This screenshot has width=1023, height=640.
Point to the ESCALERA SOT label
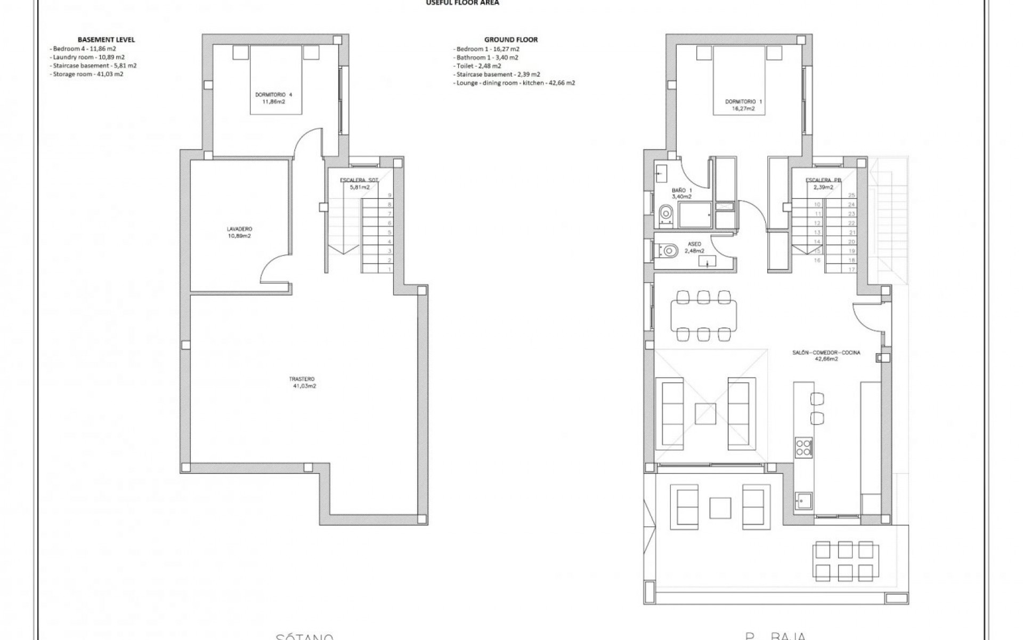[x=359, y=180]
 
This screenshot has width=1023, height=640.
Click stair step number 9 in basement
[x=389, y=195]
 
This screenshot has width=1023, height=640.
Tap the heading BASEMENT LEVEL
[x=106, y=39]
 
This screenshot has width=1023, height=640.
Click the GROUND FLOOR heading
[x=510, y=39]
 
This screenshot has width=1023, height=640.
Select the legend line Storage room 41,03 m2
[x=88, y=74]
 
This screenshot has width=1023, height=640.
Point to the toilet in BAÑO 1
[x=666, y=214]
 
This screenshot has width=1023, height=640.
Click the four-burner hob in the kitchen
[x=803, y=447]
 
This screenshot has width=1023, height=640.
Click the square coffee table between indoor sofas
[x=705, y=413]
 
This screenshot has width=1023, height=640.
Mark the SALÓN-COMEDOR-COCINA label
[x=826, y=355]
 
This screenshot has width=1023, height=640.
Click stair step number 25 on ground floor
[x=851, y=195]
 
